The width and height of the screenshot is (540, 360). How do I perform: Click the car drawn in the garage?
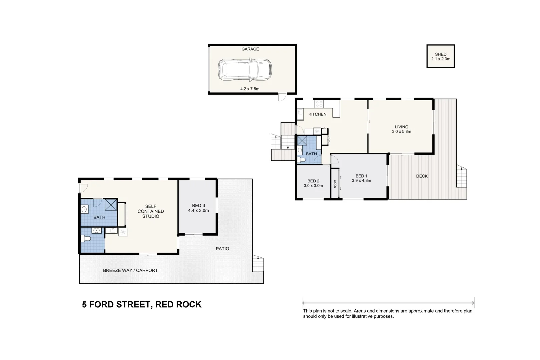pyautogui.click(x=245, y=70)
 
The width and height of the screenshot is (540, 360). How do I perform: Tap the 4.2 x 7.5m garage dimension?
pyautogui.click(x=250, y=89)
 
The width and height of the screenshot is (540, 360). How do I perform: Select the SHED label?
pyautogui.click(x=440, y=54)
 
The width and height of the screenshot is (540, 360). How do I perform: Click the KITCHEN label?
pyautogui.click(x=317, y=114)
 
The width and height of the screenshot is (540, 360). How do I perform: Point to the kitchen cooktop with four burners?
pyautogui.click(x=319, y=104)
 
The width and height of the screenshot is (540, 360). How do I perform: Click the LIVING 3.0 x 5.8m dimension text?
pyautogui.click(x=401, y=132)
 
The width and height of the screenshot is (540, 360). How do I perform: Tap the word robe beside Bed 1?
pyautogui.click(x=335, y=184)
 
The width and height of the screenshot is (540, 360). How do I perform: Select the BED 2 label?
pyautogui.click(x=313, y=181)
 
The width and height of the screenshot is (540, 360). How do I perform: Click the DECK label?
pyautogui.click(x=422, y=176)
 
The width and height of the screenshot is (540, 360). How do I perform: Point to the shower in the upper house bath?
pyautogui.click(x=302, y=140)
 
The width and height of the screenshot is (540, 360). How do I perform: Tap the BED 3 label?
pyautogui.click(x=198, y=206)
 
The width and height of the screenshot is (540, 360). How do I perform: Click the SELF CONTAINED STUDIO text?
pyautogui.click(x=151, y=211)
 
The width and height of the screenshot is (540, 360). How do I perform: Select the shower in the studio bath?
pyautogui.click(x=111, y=204)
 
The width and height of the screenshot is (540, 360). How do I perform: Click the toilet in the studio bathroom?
pyautogui.click(x=85, y=239)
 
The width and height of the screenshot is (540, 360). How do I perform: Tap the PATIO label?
pyautogui.click(x=222, y=249)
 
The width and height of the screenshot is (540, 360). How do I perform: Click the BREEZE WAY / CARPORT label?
pyautogui.click(x=130, y=270)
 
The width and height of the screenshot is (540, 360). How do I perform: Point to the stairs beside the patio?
pyautogui.click(x=258, y=264)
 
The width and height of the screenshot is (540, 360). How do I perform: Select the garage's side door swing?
pyautogui.click(x=282, y=97)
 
